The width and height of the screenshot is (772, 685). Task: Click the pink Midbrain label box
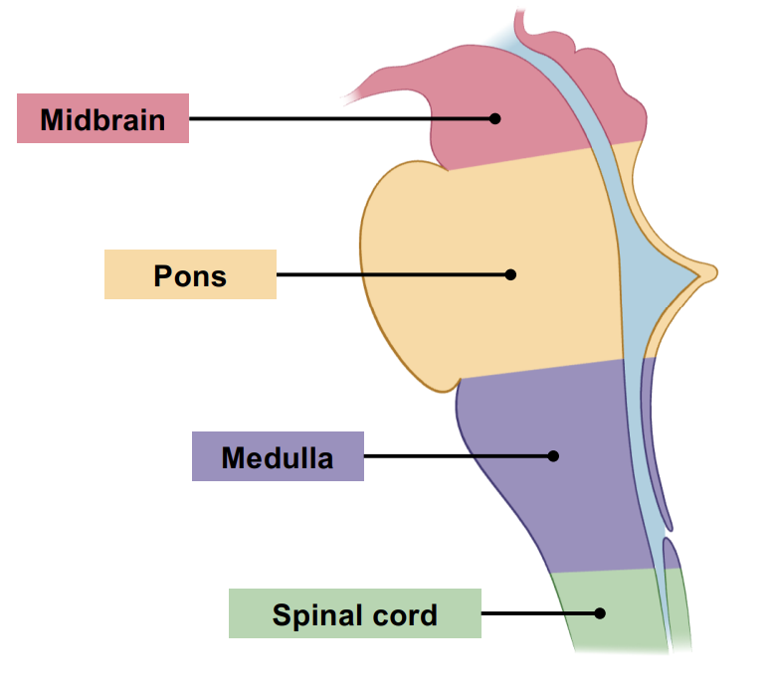(102, 118)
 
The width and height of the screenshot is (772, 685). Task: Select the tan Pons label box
(190, 274)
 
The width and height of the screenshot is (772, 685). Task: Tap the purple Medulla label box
(278, 456)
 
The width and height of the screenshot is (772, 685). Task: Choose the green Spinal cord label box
(355, 613)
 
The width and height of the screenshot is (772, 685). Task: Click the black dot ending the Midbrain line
(494, 118)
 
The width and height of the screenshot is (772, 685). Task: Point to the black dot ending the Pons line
(510, 274)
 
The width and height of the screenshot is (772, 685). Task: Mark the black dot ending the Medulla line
(554, 456)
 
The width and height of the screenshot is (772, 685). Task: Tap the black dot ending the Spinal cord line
(600, 613)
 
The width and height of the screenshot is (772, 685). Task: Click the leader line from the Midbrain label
(338, 118)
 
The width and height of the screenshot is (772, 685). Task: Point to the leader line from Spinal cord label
(537, 613)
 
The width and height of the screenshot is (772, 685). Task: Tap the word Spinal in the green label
(311, 614)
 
